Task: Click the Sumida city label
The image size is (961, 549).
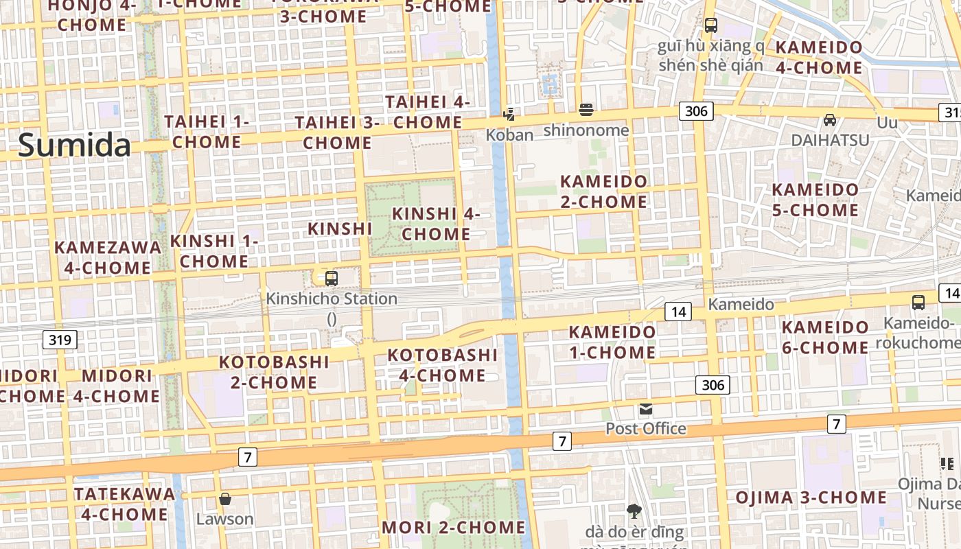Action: [x=74, y=145]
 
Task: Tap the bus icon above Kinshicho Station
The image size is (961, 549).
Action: [x=332, y=279]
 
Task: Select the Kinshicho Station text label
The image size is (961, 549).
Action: [x=332, y=299]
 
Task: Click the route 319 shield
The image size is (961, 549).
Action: [x=60, y=339]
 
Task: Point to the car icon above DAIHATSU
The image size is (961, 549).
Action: [x=830, y=120]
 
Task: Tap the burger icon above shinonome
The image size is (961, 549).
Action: [x=586, y=110]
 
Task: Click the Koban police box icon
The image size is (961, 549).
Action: [x=509, y=115]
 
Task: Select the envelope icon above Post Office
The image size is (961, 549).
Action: [x=645, y=410]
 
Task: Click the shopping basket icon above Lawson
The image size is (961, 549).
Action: [x=225, y=499]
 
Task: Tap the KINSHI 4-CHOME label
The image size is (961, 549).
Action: [x=436, y=224]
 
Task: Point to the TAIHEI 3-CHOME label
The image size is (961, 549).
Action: [x=337, y=132]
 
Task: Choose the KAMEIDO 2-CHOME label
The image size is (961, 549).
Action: [x=604, y=191]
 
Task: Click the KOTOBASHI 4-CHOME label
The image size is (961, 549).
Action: [x=442, y=365]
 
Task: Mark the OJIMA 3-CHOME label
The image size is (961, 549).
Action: [x=811, y=498]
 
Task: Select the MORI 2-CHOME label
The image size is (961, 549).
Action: [x=453, y=528]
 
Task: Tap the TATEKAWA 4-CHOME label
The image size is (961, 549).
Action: [x=124, y=504]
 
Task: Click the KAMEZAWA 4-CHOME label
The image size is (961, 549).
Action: [x=108, y=257]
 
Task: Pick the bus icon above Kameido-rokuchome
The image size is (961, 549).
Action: [x=918, y=302]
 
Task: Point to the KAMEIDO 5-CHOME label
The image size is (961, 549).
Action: [x=815, y=200]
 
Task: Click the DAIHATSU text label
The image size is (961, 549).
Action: [x=830, y=140]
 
